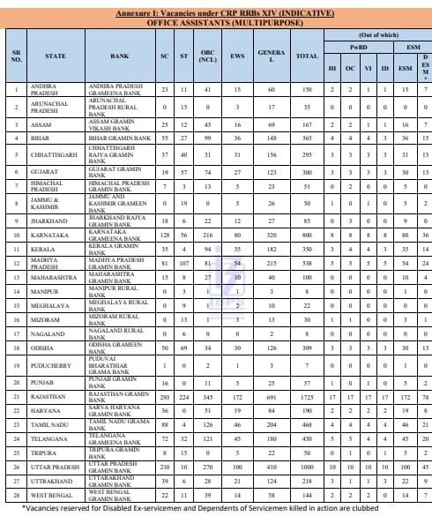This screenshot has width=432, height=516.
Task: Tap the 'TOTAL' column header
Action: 307,56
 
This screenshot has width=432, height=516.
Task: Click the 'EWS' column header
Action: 238,56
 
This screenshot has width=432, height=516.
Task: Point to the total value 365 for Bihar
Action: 307,138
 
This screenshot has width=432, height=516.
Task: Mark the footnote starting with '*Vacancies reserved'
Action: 216,511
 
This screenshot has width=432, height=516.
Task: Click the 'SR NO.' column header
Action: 16,56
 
